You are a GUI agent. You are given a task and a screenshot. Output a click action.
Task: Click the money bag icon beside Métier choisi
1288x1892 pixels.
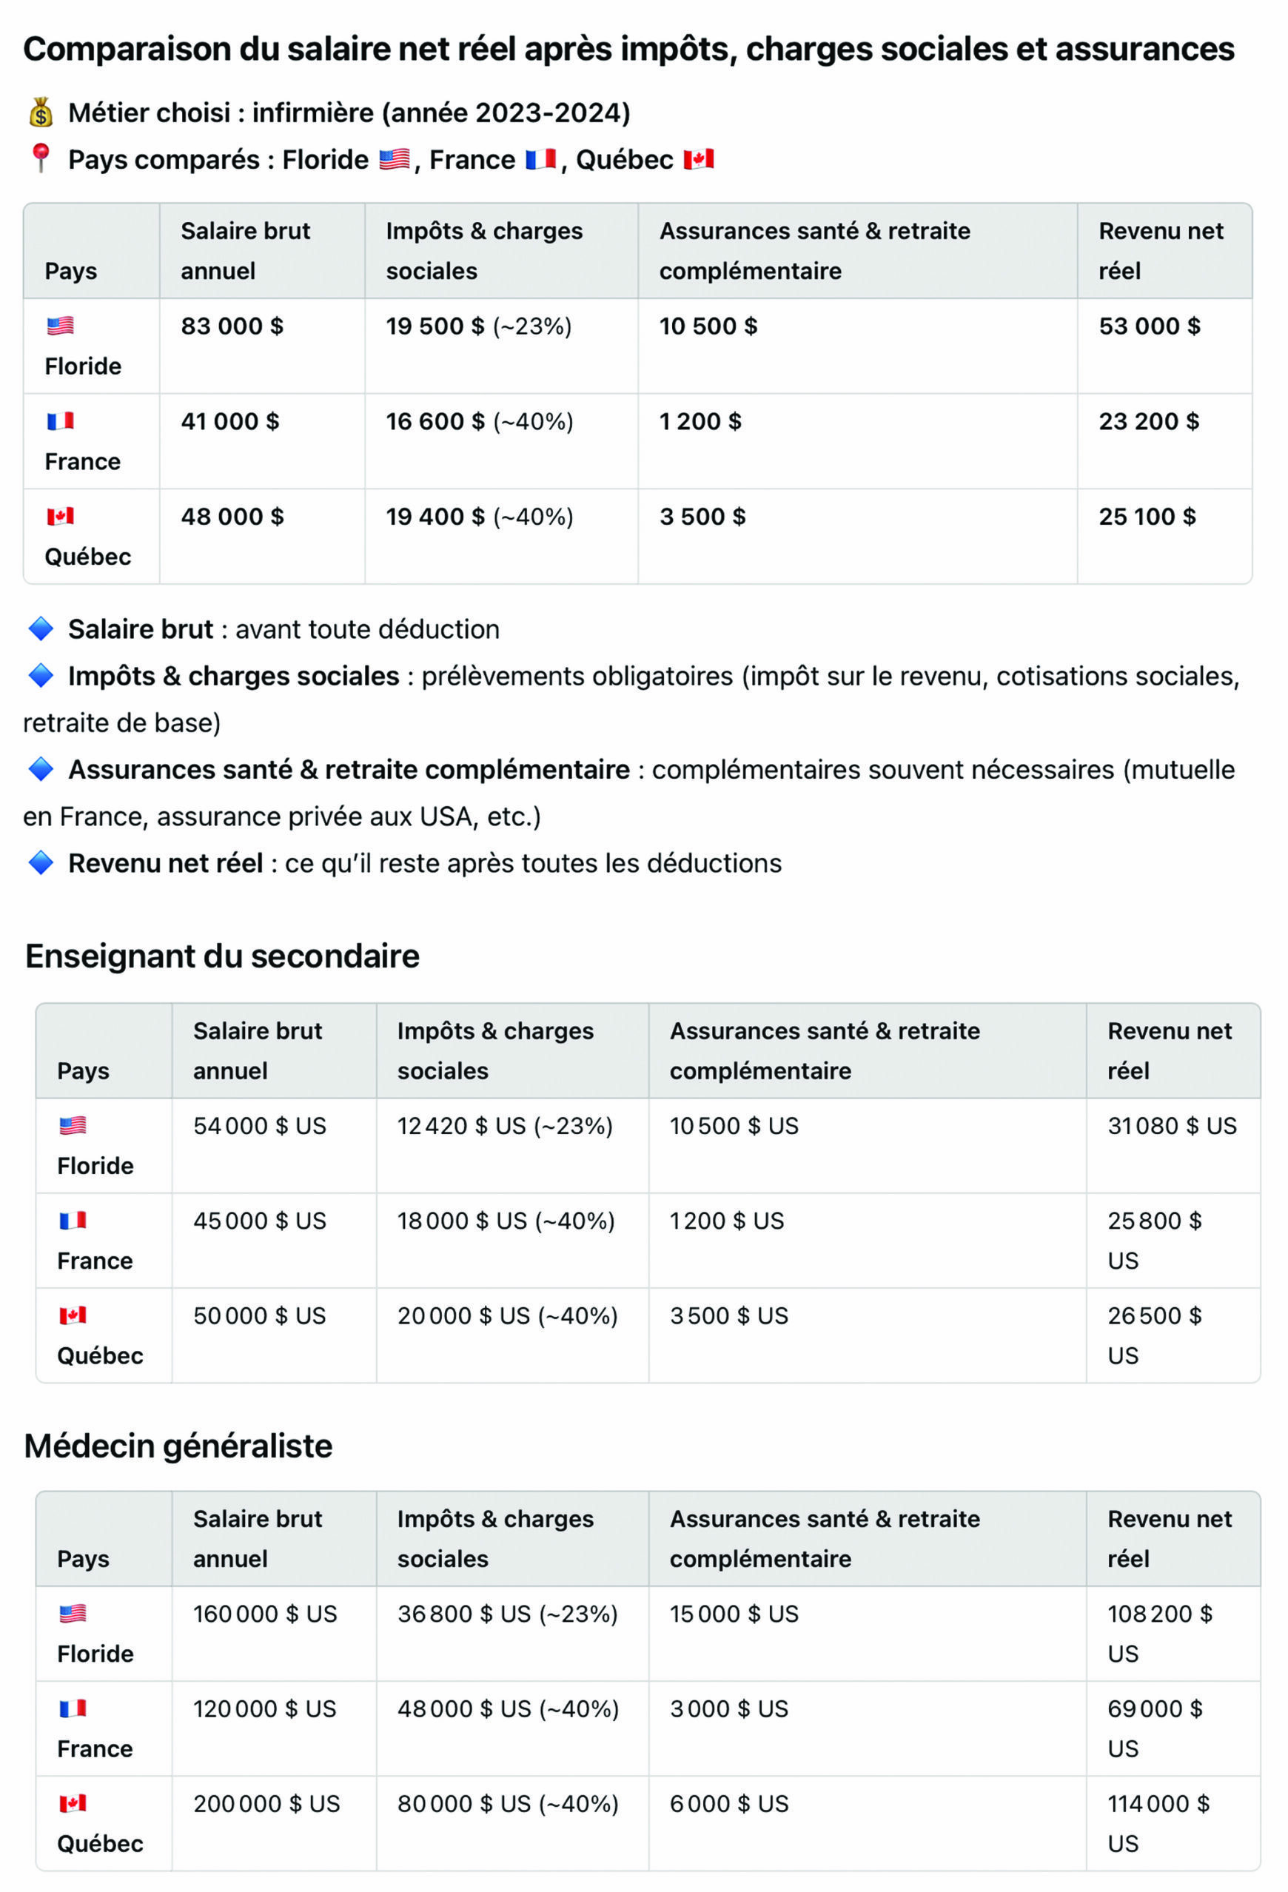coord(41,113)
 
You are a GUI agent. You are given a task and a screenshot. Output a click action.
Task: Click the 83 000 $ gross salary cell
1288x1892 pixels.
coord(232,326)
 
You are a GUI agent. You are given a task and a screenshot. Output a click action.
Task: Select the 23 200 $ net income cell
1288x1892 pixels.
coord(1148,422)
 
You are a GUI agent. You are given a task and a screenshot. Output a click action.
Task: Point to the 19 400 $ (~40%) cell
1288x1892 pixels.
coord(479,517)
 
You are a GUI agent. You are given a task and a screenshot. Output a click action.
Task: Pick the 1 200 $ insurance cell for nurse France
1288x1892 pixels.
coord(700,422)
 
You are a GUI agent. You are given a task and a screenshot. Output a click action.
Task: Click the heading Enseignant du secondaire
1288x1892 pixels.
coord(222,956)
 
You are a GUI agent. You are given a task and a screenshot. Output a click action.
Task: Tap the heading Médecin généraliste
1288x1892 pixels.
coord(178,1446)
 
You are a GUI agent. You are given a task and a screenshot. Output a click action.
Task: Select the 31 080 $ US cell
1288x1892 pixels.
coord(1171,1126)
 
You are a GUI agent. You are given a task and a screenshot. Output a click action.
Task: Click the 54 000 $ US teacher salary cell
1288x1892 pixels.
coord(259,1126)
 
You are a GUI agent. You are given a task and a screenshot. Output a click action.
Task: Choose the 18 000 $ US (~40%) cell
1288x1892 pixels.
coord(506,1221)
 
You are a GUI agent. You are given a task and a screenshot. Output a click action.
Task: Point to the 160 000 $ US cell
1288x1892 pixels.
coord(264,1614)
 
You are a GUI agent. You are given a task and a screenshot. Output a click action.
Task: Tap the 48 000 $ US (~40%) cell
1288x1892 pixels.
coord(507,1709)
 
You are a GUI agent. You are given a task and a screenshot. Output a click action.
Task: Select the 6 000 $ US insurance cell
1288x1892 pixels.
coord(728,1804)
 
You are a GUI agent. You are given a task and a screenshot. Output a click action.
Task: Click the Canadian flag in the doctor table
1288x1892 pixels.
coord(73,1804)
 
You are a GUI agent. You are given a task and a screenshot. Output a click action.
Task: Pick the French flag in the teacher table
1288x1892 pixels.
coord(73,1221)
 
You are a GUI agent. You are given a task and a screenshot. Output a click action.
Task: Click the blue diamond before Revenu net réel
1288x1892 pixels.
coord(41,863)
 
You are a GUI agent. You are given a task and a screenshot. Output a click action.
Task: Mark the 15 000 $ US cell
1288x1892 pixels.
coord(734,1614)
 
